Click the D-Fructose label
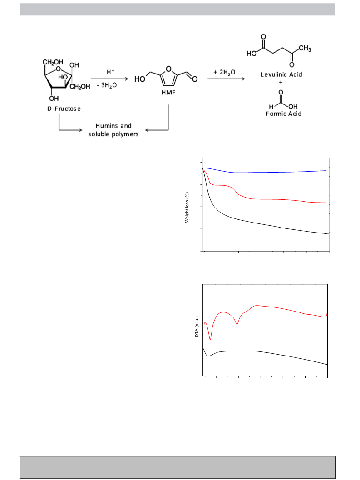[x=64, y=109]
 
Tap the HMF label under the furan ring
[x=168, y=93]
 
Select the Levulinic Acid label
[x=281, y=74]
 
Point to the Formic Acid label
[x=283, y=114]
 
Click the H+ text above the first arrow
[x=110, y=72]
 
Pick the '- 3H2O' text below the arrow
[x=107, y=85]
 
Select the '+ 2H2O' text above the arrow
[x=224, y=72]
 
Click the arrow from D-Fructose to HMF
[x=109, y=79]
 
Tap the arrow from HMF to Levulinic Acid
[x=226, y=79]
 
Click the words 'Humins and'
[x=113, y=126]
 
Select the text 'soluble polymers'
[x=113, y=134]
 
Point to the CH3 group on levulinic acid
[x=305, y=49]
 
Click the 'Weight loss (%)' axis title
[x=187, y=208]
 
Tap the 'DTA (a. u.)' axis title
[x=197, y=327]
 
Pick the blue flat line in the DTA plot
[x=264, y=297]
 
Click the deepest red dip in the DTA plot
[x=210, y=339]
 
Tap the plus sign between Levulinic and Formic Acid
[x=281, y=82]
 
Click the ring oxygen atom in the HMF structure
[x=168, y=68]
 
